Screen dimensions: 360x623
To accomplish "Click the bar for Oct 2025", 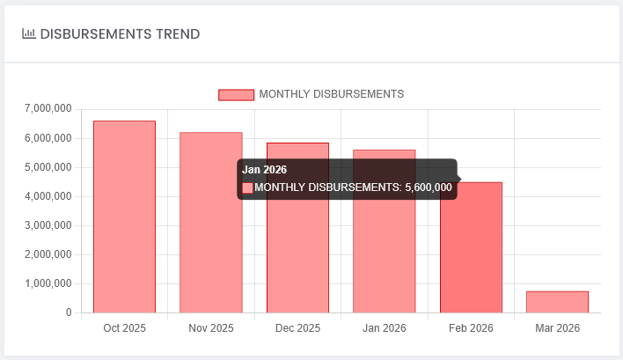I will [x=124, y=217].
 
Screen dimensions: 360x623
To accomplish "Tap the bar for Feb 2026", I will [x=471, y=247].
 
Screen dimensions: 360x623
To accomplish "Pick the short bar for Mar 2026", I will [x=557, y=302].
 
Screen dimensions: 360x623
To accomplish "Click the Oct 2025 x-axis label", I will [x=124, y=328].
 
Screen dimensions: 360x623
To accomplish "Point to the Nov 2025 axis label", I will [x=211, y=328].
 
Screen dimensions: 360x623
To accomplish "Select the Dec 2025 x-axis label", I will [x=297, y=328].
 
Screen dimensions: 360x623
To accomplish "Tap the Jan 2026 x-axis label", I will [x=384, y=328].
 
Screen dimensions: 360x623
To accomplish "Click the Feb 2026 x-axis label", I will [x=471, y=328].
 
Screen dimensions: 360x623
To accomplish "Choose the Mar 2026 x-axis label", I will [x=557, y=328].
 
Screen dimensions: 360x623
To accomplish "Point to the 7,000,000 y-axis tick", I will [x=50, y=109].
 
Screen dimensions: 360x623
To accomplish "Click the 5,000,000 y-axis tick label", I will [x=50, y=167].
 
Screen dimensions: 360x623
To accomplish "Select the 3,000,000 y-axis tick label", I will [x=50, y=225].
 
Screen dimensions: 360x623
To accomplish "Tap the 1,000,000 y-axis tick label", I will [x=50, y=283].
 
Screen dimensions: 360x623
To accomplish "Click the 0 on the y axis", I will [x=68, y=312].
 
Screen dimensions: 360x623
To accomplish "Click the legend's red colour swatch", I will [x=236, y=94].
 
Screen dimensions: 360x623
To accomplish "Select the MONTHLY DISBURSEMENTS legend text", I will [x=332, y=94].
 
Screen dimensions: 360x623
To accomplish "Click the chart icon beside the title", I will [x=29, y=34].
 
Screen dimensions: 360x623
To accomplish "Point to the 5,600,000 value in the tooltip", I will [x=429, y=187].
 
